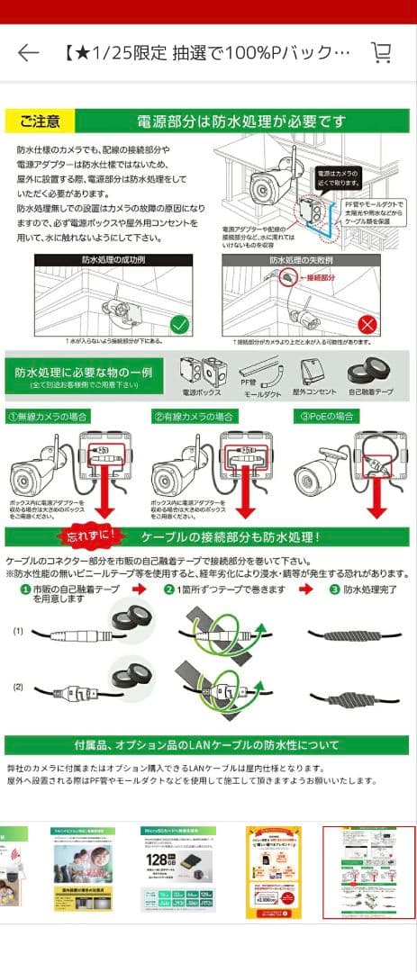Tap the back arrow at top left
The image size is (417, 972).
(29, 53)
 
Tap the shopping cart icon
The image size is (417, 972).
(381, 52)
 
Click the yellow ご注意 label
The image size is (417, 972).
(40, 121)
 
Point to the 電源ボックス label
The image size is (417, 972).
(201, 393)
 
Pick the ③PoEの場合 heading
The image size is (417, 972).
(327, 417)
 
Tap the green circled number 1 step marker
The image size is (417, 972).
(26, 589)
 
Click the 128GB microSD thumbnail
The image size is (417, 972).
(177, 870)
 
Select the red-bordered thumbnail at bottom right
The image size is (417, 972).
(368, 871)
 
